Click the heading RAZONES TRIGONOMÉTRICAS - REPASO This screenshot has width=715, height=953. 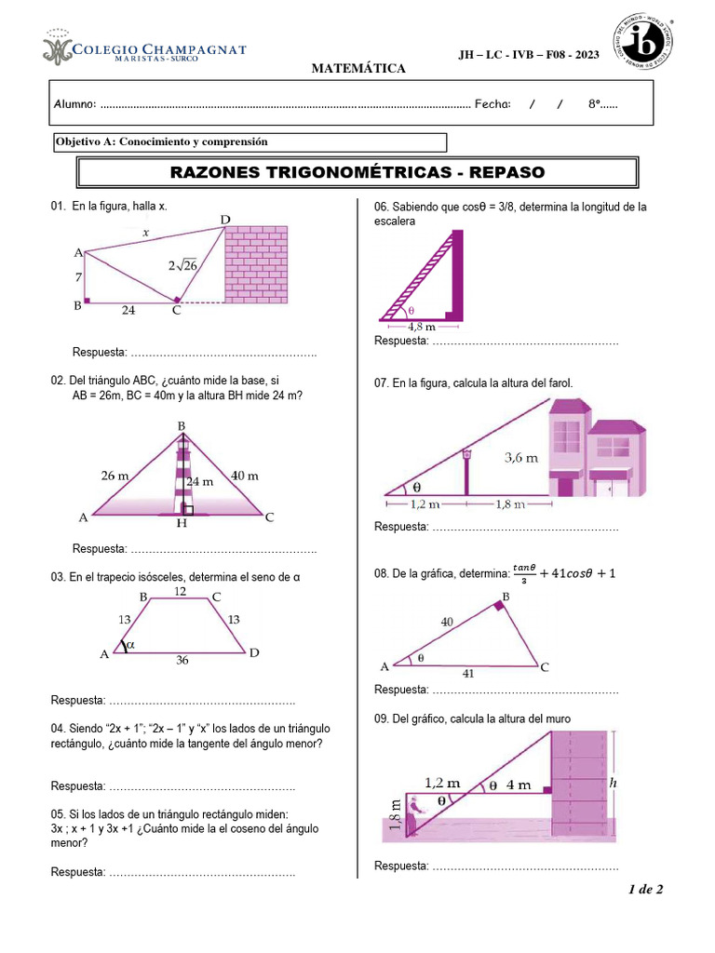pyautogui.click(x=357, y=173)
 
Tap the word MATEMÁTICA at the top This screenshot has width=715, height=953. pyautogui.click(x=357, y=69)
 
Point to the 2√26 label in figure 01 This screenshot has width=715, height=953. pyautogui.click(x=183, y=265)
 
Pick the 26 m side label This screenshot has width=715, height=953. pyautogui.click(x=115, y=476)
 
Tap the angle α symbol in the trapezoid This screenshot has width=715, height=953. pyautogui.click(x=129, y=644)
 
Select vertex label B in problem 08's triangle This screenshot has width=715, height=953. pyautogui.click(x=506, y=596)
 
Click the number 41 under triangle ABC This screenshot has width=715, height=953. pyautogui.click(x=468, y=673)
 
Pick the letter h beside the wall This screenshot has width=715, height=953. pyautogui.click(x=613, y=784)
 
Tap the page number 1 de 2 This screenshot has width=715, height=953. pyautogui.click(x=645, y=890)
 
